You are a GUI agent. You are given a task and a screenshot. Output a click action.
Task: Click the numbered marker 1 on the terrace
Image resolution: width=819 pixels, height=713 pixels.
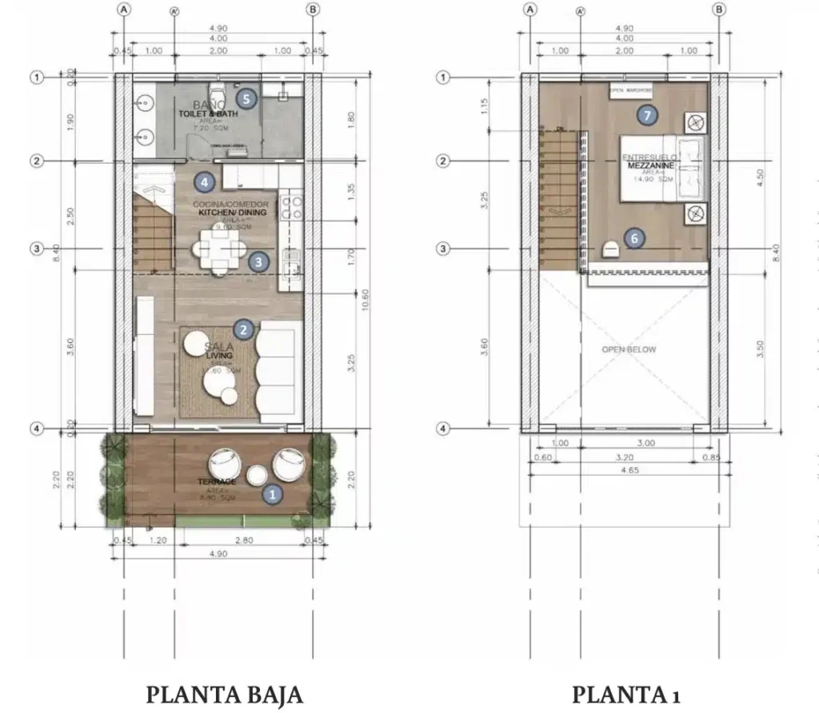pyautogui.click(x=273, y=494)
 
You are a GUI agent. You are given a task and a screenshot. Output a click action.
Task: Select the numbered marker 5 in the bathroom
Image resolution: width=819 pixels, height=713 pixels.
pyautogui.click(x=246, y=99)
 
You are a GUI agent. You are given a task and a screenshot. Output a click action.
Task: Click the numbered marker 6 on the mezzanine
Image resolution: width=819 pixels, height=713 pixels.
pyautogui.click(x=634, y=238)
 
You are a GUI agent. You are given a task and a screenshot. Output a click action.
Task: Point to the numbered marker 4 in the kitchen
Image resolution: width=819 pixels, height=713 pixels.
pyautogui.click(x=205, y=182)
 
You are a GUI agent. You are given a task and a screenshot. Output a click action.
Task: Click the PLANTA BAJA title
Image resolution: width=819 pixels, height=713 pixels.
pyautogui.click(x=224, y=694)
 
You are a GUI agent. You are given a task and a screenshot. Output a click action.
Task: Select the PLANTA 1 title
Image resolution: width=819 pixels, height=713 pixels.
pyautogui.click(x=625, y=694)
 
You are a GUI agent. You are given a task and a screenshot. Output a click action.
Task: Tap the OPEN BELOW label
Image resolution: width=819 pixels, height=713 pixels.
pyautogui.click(x=629, y=349)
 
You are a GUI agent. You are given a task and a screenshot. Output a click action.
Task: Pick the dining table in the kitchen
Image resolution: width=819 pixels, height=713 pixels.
pyautogui.click(x=215, y=249)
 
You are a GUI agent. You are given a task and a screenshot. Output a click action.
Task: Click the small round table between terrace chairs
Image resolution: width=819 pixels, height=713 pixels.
pyautogui.click(x=258, y=476)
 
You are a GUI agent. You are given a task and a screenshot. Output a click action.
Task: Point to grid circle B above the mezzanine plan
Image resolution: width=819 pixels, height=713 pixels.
pyautogui.click(x=719, y=10)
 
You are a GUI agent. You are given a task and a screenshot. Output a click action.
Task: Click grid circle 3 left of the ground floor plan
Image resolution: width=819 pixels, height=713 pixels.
pyautogui.click(x=36, y=249)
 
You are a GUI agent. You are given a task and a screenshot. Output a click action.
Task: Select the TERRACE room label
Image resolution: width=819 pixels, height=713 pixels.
pyautogui.click(x=218, y=482)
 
